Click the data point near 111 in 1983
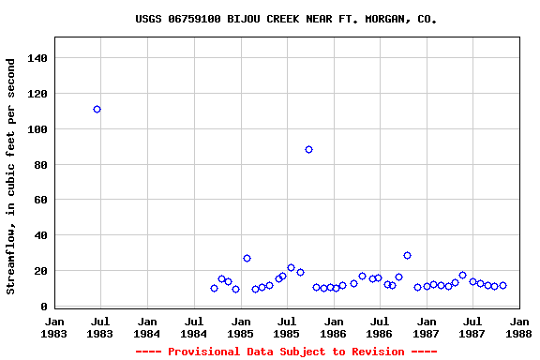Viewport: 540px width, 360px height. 97,109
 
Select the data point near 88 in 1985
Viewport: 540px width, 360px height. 308,149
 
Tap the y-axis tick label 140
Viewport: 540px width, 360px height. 37,58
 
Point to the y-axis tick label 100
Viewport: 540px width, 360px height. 37,129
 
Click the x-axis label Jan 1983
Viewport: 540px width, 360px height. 54,327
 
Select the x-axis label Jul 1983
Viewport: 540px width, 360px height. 100,327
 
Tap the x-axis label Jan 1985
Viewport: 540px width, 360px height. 240,327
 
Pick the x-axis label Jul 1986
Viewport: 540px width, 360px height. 380,327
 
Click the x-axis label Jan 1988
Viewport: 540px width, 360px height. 518,327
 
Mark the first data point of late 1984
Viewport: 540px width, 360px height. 214,288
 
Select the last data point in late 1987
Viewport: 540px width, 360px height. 502,285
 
